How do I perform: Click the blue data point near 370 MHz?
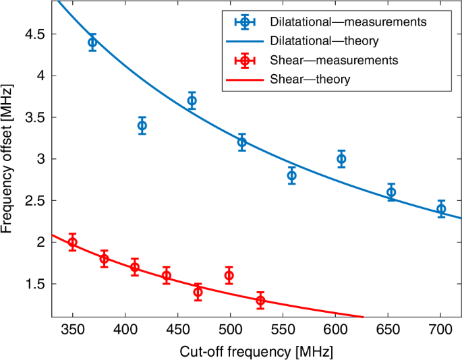[92, 42]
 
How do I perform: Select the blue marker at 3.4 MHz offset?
[142, 125]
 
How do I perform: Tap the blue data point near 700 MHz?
[441, 209]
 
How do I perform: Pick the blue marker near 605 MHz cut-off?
[341, 159]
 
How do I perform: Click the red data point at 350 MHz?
[72, 242]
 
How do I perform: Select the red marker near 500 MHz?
[230, 275]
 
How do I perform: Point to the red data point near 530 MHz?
[260, 301]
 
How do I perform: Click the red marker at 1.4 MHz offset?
[198, 292]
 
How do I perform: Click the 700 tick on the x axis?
[440, 330]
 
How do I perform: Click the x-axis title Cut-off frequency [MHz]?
[256, 351]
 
